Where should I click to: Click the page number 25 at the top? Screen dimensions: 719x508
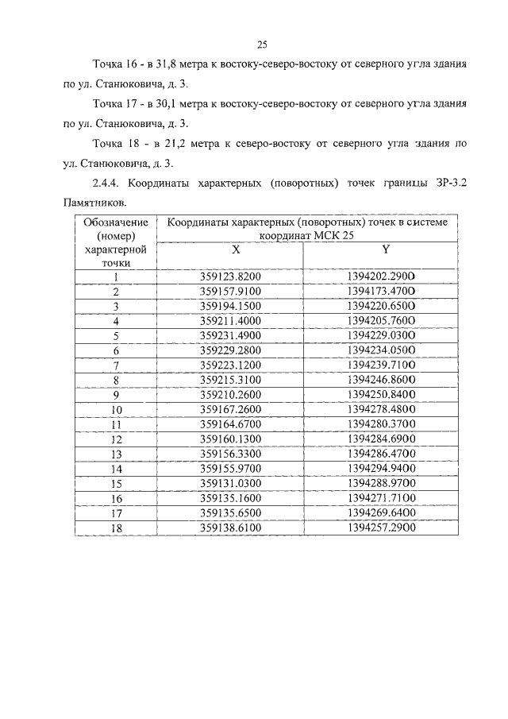tap(262, 44)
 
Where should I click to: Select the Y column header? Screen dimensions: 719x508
tap(385, 249)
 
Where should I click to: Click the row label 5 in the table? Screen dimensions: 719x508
tap(116, 335)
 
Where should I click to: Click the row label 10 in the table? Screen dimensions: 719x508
tap(116, 410)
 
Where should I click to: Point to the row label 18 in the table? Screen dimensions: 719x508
tap(116, 528)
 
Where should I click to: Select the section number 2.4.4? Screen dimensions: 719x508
tap(107, 183)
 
